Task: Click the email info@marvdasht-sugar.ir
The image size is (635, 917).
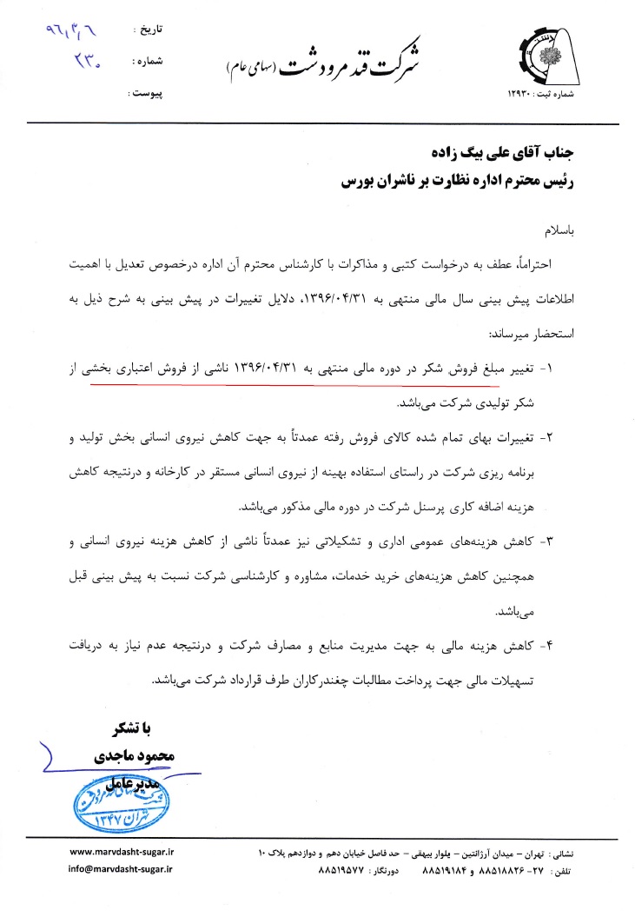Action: tap(121, 868)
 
